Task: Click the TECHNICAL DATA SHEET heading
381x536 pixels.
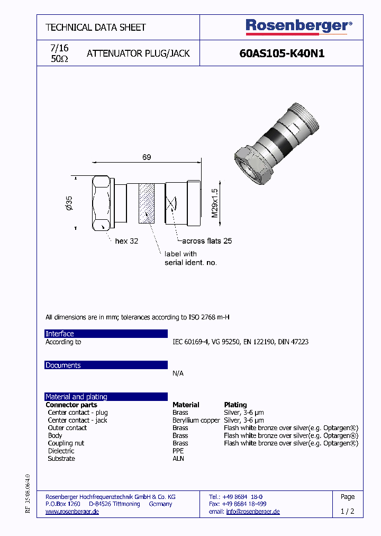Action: click(96, 27)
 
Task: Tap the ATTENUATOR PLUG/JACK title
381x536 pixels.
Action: click(138, 53)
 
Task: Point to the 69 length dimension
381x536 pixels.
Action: click(147, 157)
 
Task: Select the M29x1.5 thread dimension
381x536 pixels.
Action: click(215, 203)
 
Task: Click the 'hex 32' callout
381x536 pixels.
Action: click(126, 241)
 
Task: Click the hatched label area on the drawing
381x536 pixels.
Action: click(147, 202)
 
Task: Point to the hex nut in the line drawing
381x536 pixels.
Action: click(101, 203)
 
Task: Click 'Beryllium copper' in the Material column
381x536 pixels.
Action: click(196, 420)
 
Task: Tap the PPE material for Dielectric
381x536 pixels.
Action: click(178, 451)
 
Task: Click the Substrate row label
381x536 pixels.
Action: click(61, 459)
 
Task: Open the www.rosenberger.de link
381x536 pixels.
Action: click(72, 512)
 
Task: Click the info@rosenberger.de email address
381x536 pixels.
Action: click(252, 512)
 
